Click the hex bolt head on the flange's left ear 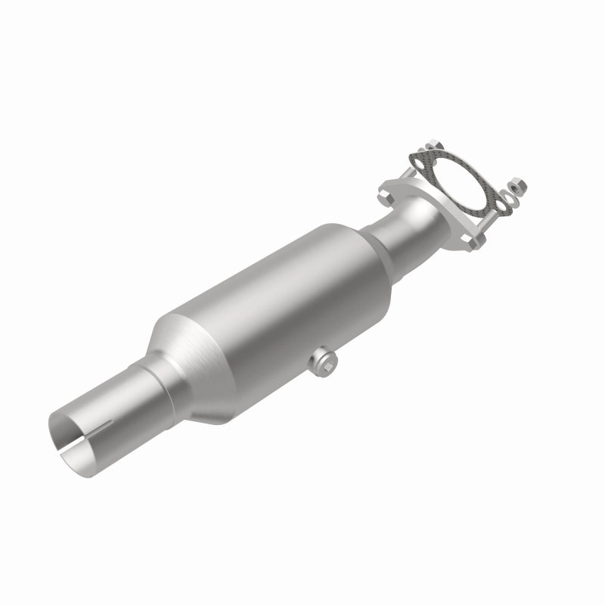click(x=382, y=194)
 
